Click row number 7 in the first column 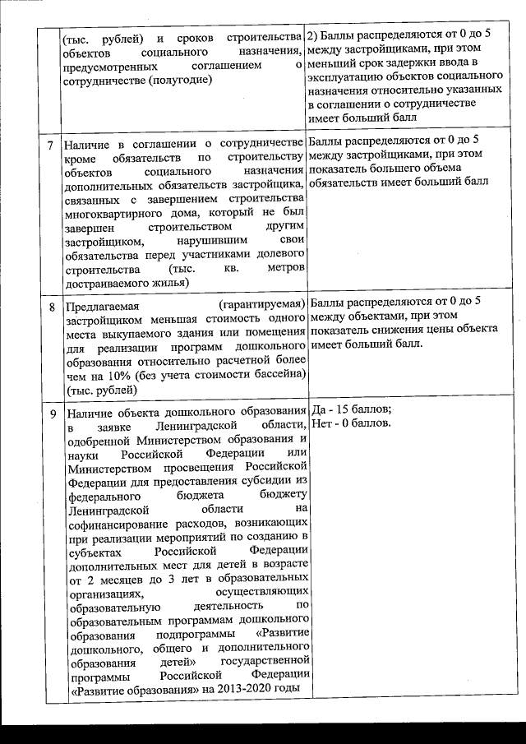(52, 146)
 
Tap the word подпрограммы (195, 635)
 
